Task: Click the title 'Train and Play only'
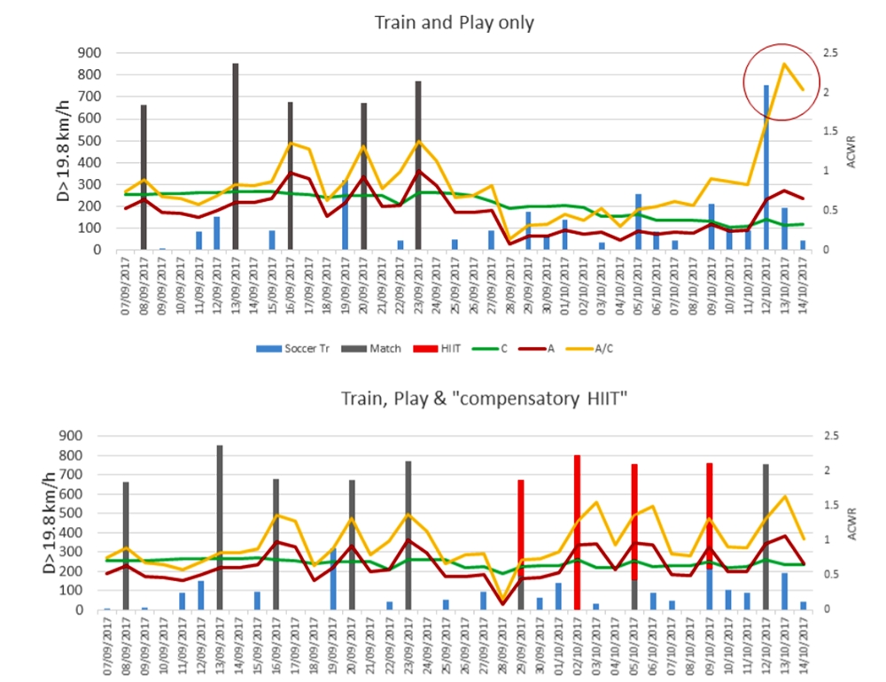click(454, 22)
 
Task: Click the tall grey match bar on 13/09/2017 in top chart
click(236, 159)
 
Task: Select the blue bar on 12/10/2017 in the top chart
click(766, 168)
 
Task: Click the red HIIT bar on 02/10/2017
click(577, 531)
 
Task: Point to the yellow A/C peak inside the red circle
click(784, 64)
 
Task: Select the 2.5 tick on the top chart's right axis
click(832, 52)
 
